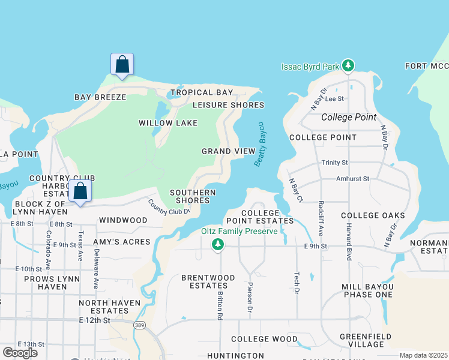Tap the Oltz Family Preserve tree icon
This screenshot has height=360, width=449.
tap(218, 244)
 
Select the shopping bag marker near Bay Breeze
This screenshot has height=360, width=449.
tap(122, 65)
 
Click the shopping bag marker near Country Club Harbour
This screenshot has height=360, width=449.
tap(80, 192)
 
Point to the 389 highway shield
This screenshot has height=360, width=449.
tap(139, 325)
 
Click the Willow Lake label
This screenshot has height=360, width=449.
tap(160, 123)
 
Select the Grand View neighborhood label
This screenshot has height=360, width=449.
tap(228, 151)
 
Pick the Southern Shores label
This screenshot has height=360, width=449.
tap(193, 197)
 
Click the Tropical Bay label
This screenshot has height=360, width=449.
tap(200, 92)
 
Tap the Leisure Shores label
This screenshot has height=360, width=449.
tap(228, 105)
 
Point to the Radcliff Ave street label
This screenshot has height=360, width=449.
tap(321, 217)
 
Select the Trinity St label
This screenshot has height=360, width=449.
tap(334, 163)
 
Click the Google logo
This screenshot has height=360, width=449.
tap(20, 352)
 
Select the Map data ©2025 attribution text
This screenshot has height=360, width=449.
tap(423, 355)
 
